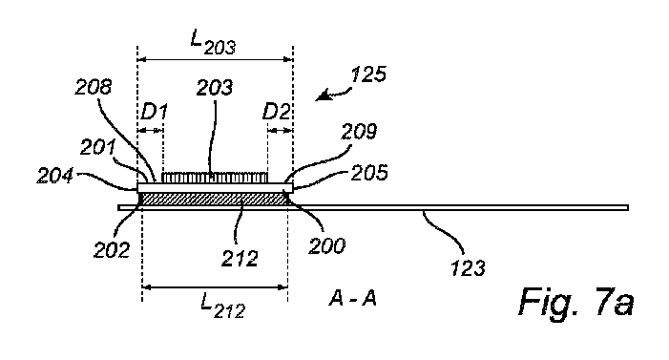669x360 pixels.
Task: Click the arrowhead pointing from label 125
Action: [x=322, y=96]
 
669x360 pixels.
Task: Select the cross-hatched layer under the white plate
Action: [x=214, y=197]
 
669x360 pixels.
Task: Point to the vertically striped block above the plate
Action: [x=215, y=178]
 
